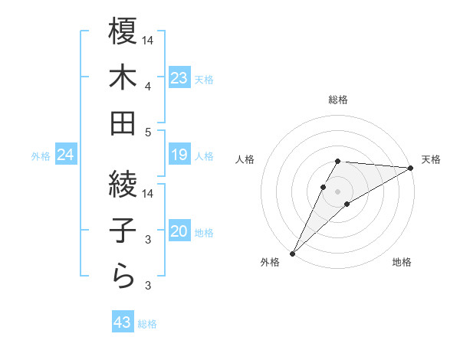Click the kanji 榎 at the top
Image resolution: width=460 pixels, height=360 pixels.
tap(123, 31)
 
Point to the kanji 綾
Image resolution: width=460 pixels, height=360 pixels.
tap(123, 185)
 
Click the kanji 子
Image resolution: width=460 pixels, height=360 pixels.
tap(123, 231)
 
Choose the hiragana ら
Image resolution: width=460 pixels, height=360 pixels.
tap(123, 276)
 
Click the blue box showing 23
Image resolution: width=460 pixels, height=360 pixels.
tap(179, 77)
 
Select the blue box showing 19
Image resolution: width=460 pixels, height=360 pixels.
tap(179, 155)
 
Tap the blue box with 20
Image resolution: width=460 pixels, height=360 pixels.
tap(179, 231)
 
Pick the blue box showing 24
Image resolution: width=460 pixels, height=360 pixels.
tap(65, 155)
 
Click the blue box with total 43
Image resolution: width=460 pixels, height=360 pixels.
tap(123, 322)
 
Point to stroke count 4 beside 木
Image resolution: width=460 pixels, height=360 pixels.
tap(148, 87)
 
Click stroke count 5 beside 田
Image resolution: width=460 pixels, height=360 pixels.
tap(148, 132)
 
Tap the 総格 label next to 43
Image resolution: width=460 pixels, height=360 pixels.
tap(147, 324)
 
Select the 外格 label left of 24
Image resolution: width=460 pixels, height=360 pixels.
tap(41, 156)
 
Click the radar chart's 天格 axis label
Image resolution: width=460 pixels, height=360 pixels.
tap(431, 159)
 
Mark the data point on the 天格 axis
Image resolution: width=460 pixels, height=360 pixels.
tap(410, 169)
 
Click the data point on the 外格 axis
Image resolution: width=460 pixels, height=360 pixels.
tap(292, 253)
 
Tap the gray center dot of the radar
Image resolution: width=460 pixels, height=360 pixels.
tap(337, 191)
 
